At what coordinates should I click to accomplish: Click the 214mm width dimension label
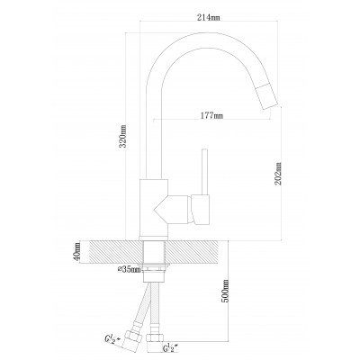209,18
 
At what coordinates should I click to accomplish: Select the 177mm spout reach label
211,115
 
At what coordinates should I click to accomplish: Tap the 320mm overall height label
122,136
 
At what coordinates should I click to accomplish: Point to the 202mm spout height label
278,174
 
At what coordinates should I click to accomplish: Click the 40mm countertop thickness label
77,252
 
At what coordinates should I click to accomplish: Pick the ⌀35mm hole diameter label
129,270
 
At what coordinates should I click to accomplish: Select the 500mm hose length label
225,291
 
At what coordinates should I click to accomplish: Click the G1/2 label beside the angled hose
112,338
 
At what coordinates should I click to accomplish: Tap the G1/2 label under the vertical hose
172,349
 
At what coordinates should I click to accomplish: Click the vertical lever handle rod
205,172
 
